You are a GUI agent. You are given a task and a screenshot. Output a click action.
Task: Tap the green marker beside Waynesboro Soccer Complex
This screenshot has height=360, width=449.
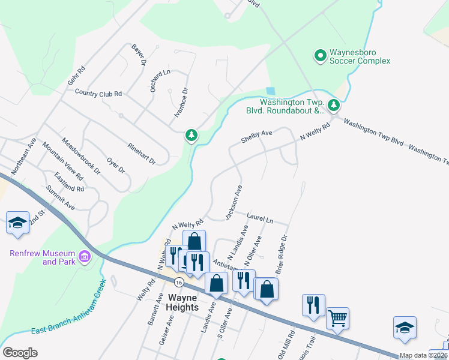click(x=321, y=56)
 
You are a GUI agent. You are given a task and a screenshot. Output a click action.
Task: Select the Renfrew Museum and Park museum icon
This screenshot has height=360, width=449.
click(x=84, y=257)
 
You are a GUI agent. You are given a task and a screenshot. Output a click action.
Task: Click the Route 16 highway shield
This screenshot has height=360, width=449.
click(x=178, y=281)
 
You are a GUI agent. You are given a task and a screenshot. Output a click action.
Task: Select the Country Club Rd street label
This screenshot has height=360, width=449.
click(x=98, y=93)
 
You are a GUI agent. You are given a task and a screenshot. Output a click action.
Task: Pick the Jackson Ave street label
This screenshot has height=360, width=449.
click(x=234, y=202)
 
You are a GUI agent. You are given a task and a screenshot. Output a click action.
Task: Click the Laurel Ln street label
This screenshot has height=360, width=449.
click(x=260, y=218)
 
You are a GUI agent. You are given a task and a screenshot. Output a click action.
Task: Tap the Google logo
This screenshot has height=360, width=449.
click(x=20, y=352)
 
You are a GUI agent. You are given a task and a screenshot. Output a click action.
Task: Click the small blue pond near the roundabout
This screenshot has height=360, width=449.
click(x=271, y=91)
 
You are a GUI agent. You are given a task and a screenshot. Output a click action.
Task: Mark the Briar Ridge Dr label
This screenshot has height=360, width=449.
click(x=282, y=254)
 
